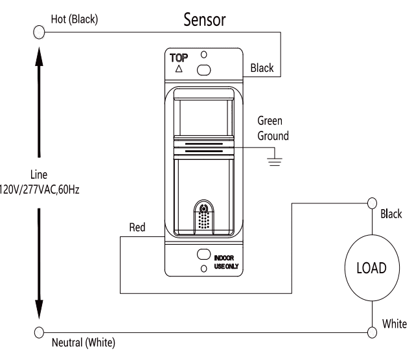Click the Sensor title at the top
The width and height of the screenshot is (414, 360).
205,20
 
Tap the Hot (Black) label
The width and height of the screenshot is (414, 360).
74,19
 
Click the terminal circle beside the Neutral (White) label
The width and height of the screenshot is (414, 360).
39,332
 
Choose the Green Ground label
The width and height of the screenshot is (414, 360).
272,129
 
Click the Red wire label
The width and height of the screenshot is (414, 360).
137,227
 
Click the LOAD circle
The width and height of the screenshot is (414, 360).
372,267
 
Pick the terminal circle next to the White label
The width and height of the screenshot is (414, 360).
372,332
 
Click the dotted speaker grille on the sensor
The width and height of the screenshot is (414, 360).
205,221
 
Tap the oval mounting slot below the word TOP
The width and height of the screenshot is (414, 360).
204,69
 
